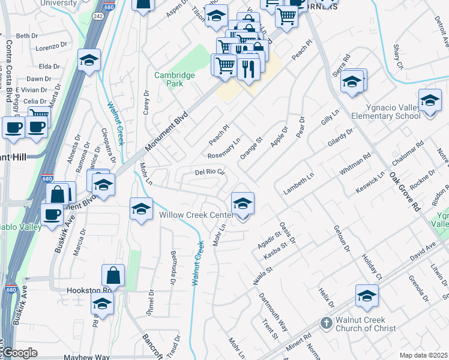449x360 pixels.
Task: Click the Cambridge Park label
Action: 175,79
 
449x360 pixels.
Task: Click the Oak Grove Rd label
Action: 403,192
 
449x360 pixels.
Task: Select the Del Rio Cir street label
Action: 209,172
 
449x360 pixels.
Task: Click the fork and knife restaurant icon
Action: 248,68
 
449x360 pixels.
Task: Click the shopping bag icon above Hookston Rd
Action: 113,275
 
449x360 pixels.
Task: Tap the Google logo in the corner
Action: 20,353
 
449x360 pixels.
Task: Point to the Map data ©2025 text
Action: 423,355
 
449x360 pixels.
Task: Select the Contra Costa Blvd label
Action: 10,71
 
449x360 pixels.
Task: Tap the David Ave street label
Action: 422,251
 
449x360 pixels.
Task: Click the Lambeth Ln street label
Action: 299,184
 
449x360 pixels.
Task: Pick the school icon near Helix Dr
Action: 367,295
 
